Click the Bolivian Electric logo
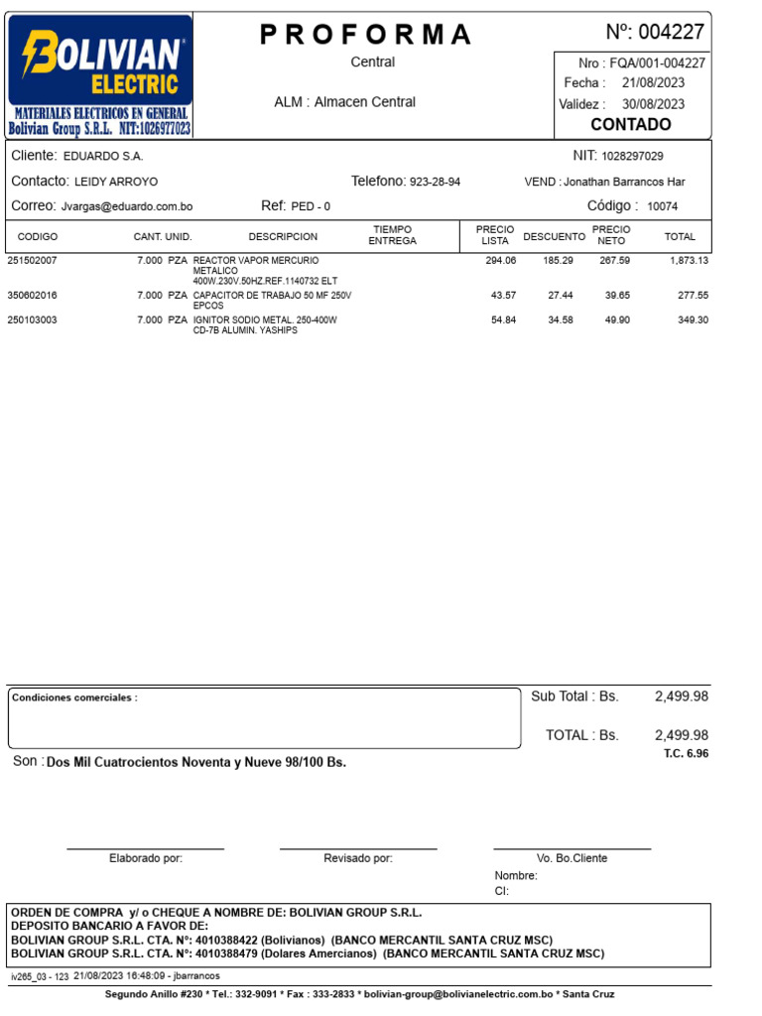click(x=99, y=75)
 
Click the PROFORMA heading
click(x=366, y=35)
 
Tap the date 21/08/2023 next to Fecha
click(x=653, y=83)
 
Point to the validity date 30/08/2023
click(x=653, y=104)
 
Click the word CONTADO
click(x=630, y=125)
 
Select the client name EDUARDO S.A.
click(x=103, y=157)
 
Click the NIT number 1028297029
click(x=632, y=157)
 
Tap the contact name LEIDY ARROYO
click(x=116, y=183)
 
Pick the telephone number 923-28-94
click(x=435, y=183)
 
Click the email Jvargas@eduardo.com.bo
click(x=127, y=206)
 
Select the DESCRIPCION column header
click(x=283, y=237)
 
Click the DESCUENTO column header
click(x=554, y=237)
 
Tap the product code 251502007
click(x=33, y=261)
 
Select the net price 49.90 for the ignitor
click(x=617, y=320)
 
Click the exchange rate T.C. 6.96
click(x=687, y=754)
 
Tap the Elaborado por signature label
click(x=146, y=858)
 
